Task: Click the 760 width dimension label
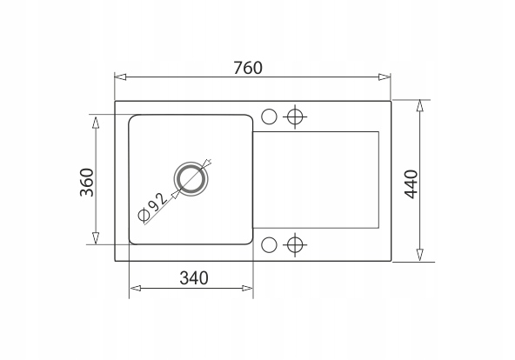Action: [248, 68]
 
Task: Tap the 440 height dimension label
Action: [411, 184]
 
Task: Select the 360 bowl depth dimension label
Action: [87, 183]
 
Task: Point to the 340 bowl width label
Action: [194, 278]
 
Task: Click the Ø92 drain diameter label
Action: [153, 206]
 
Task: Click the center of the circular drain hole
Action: [191, 179]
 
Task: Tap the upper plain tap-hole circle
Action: [269, 117]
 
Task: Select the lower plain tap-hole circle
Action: [269, 245]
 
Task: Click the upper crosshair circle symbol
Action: [295, 117]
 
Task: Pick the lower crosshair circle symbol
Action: [295, 245]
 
